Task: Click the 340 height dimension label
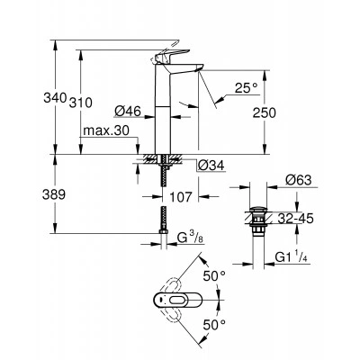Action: (55, 98)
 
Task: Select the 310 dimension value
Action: (81, 103)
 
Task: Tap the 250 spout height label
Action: (264, 113)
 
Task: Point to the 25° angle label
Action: (246, 88)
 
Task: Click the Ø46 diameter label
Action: (128, 112)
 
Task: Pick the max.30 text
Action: (106, 130)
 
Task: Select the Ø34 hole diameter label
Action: (211, 165)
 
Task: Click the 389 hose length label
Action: (54, 195)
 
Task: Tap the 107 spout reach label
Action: (180, 197)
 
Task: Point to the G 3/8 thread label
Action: (190, 238)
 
